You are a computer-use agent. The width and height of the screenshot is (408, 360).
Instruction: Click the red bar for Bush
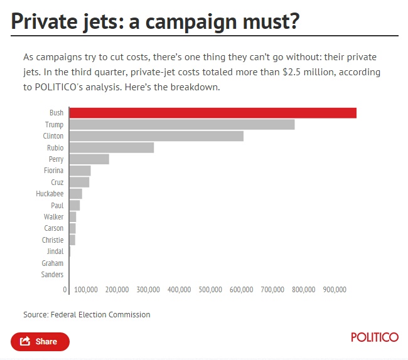pyautogui.click(x=212, y=113)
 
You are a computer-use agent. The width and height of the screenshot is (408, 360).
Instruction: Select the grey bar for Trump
pyautogui.click(x=181, y=125)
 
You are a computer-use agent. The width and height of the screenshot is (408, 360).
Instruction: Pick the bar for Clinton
pyautogui.click(x=156, y=136)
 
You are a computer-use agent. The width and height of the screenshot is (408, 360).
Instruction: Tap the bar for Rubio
pyautogui.click(x=111, y=148)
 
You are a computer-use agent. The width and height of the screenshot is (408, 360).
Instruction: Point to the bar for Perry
pyautogui.click(x=89, y=159)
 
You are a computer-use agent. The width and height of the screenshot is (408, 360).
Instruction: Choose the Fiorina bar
pyautogui.click(x=80, y=171)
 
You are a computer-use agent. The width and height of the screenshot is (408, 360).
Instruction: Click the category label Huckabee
pyautogui.click(x=50, y=194)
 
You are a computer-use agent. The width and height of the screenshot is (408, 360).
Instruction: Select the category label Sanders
pyautogui.click(x=52, y=275)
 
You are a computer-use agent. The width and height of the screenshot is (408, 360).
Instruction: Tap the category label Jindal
pyautogui.click(x=55, y=251)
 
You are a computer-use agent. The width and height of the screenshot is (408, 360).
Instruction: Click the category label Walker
pyautogui.click(x=53, y=217)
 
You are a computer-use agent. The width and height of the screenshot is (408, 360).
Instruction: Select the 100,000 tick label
pyautogui.click(x=86, y=290)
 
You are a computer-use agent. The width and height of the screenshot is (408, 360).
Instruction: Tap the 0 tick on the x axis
pyautogui.click(x=65, y=290)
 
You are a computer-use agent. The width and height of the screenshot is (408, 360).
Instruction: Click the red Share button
pyautogui.click(x=40, y=342)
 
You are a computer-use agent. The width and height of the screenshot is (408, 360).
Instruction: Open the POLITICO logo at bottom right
pyautogui.click(x=374, y=337)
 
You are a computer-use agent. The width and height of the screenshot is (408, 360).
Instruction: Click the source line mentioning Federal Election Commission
pyautogui.click(x=87, y=315)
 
